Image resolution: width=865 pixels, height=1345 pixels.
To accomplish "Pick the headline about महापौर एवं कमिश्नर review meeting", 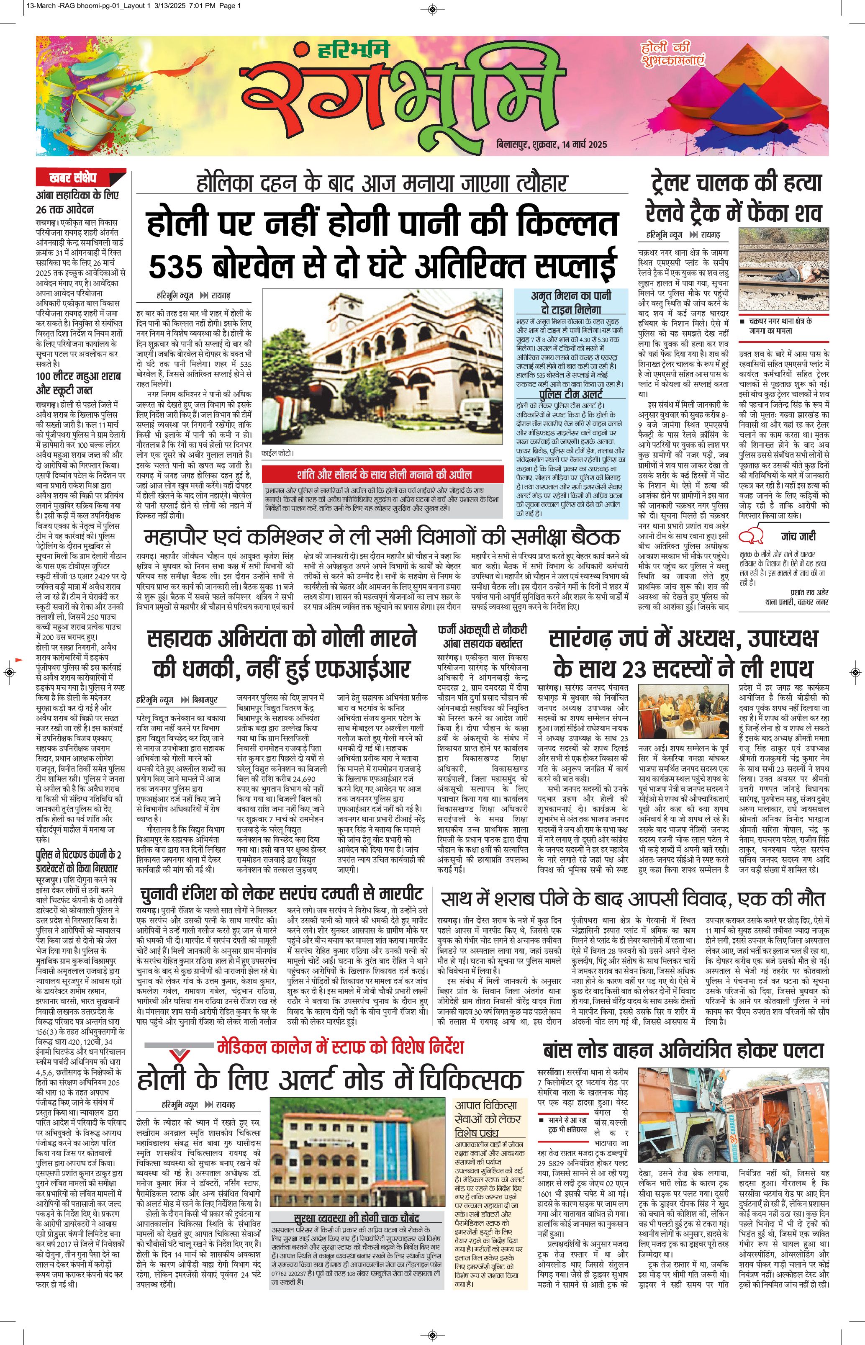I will click(382, 537).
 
